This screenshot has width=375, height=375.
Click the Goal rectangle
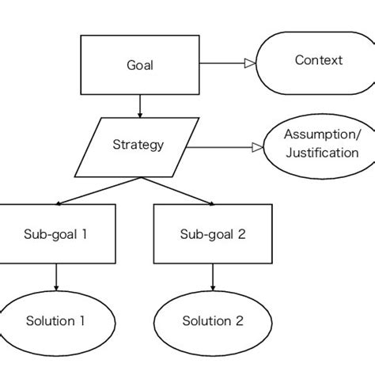pyautogui.click(x=140, y=65)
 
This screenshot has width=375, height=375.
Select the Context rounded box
pyautogui.click(x=317, y=60)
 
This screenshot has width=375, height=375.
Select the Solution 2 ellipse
pyautogui.click(x=211, y=320)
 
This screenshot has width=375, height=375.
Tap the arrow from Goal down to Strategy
pyautogui.click(x=140, y=105)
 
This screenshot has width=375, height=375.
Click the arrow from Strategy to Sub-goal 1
pyautogui.click(x=99, y=190)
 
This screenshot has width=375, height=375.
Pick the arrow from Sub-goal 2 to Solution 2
pyautogui.click(x=211, y=277)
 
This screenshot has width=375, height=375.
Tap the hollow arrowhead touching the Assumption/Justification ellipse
pyautogui.click(x=257, y=147)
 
